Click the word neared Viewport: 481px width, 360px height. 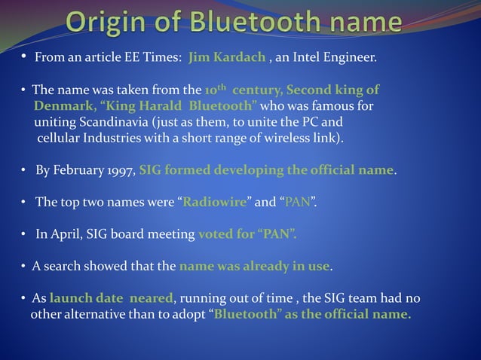pos(149,297)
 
